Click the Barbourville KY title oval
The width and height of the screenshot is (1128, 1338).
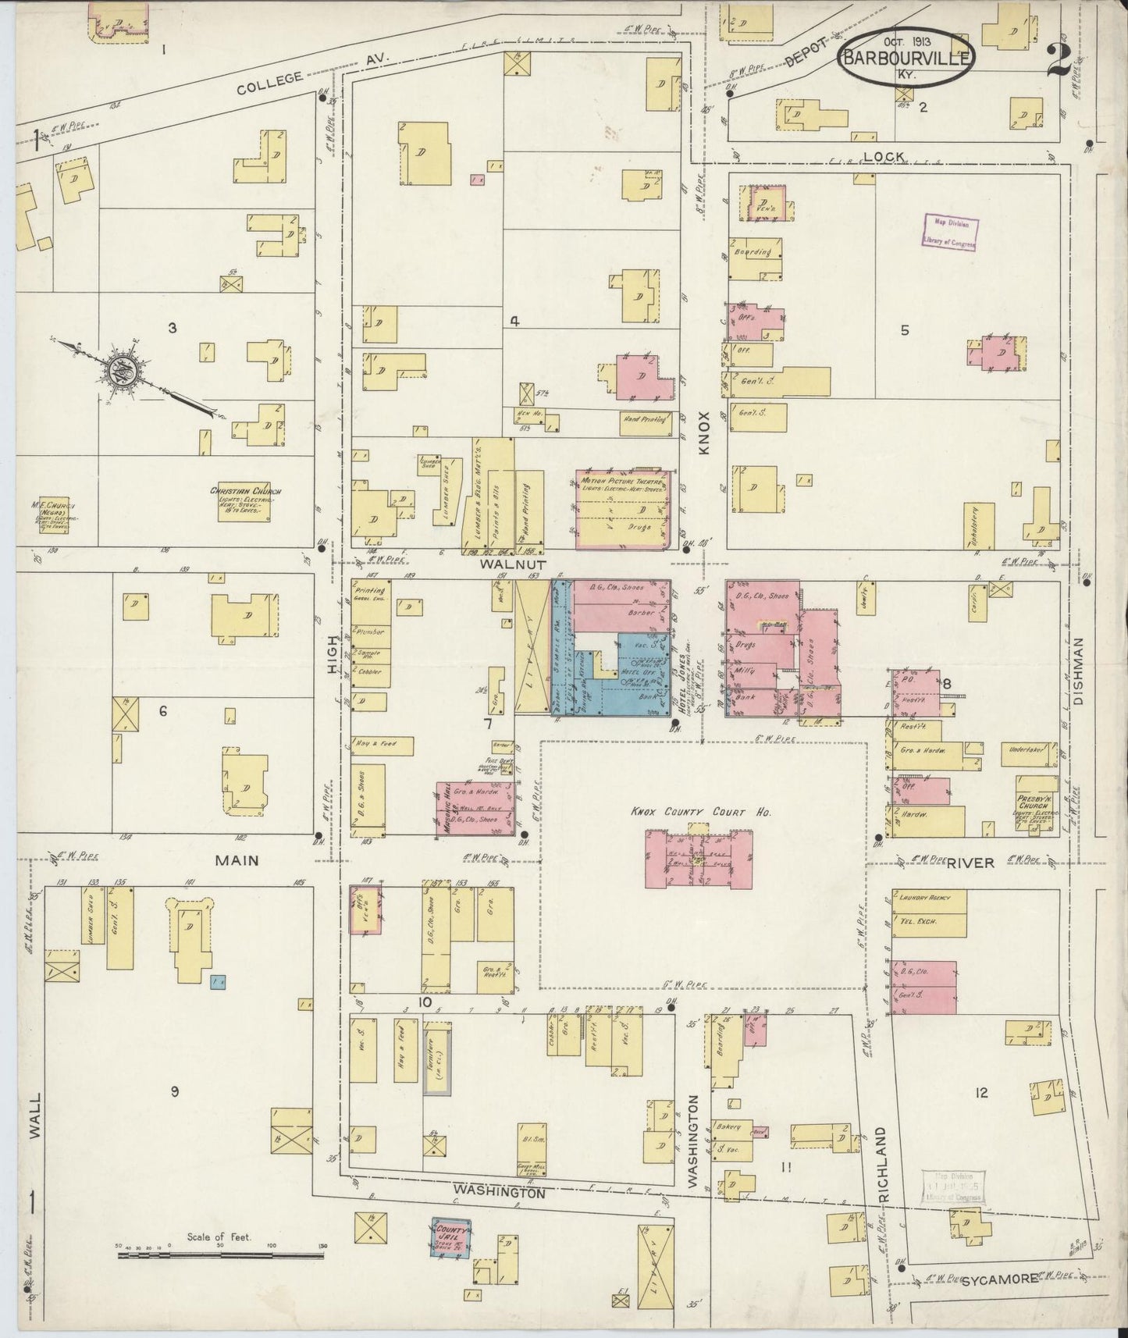[x=906, y=56]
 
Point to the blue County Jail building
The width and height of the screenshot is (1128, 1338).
[x=450, y=1238]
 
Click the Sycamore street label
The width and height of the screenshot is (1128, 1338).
[x=999, y=1279]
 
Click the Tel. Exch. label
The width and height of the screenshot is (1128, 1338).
[x=923, y=921]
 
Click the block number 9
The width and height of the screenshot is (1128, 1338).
[x=175, y=1091]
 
